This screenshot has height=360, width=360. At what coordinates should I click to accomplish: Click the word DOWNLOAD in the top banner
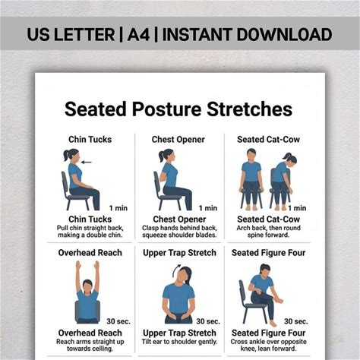(x=284, y=35)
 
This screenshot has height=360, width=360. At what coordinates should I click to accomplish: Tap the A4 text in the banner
(x=138, y=35)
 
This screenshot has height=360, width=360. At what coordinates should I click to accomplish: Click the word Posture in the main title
(x=166, y=109)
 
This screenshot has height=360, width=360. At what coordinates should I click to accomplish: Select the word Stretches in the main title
(x=250, y=109)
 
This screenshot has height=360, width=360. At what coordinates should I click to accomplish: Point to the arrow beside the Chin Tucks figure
(x=87, y=163)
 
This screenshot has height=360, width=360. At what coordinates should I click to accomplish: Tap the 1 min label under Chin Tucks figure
(x=118, y=208)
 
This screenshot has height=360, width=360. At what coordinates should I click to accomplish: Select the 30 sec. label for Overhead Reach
(x=118, y=321)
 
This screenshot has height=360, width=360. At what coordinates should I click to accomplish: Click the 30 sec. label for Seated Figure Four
(x=296, y=321)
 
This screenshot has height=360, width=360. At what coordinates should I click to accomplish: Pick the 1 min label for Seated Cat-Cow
(x=297, y=208)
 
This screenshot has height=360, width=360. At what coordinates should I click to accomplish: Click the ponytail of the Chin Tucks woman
(x=66, y=156)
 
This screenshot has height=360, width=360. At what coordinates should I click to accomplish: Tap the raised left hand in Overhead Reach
(x=78, y=265)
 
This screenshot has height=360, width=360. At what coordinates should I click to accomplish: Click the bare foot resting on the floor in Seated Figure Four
(x=273, y=324)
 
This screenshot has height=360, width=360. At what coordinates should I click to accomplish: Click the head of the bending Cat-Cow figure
(x=291, y=159)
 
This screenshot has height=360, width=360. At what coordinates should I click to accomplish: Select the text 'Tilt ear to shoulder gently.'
(x=179, y=342)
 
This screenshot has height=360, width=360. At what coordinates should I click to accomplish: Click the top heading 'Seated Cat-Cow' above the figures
(x=268, y=140)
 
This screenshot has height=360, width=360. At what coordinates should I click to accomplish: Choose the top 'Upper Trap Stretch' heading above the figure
(x=179, y=253)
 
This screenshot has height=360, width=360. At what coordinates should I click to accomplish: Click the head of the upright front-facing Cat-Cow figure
(x=251, y=154)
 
